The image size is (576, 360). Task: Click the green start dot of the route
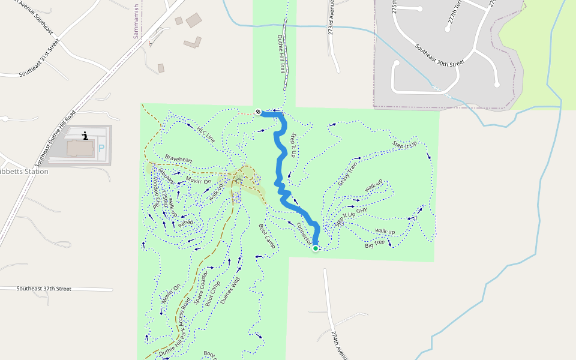(315, 248)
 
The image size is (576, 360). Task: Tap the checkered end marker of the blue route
(258, 112)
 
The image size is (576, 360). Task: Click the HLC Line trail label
(205, 133)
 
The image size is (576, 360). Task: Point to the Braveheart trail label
(179, 159)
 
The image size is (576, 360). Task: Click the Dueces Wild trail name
(230, 288)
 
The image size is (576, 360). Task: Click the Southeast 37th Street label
(44, 289)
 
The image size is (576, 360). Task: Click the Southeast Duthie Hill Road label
(55, 138)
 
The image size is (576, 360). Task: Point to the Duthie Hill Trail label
(280, 54)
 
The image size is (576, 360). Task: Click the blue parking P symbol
(101, 147)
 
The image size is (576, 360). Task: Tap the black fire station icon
(85, 135)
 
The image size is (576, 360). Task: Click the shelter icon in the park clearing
(238, 179)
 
